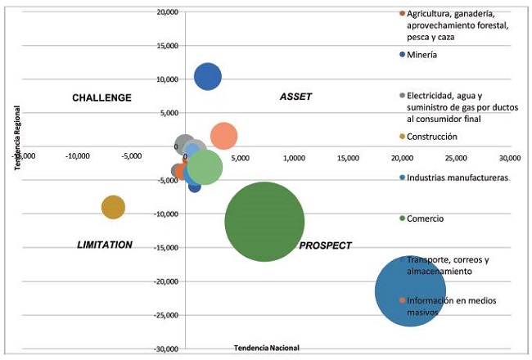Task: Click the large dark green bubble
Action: pos(264,221)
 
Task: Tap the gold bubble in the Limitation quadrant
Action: pos(113,207)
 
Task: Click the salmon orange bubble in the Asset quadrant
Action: pos(223,137)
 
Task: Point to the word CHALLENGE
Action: pos(101,98)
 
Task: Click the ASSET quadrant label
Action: pos(295,97)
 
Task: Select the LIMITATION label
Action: pos(105,245)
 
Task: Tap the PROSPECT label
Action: pos(325,245)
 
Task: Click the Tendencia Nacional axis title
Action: pos(267,348)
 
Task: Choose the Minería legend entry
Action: pos(422,55)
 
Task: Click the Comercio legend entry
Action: pos(425,218)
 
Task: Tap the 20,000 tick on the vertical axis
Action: pos(165,12)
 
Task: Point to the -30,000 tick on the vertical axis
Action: pos(164,349)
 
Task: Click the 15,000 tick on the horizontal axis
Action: pos(347,157)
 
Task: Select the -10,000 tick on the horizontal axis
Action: pos(78,157)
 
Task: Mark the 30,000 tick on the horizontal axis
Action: pos(509,157)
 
